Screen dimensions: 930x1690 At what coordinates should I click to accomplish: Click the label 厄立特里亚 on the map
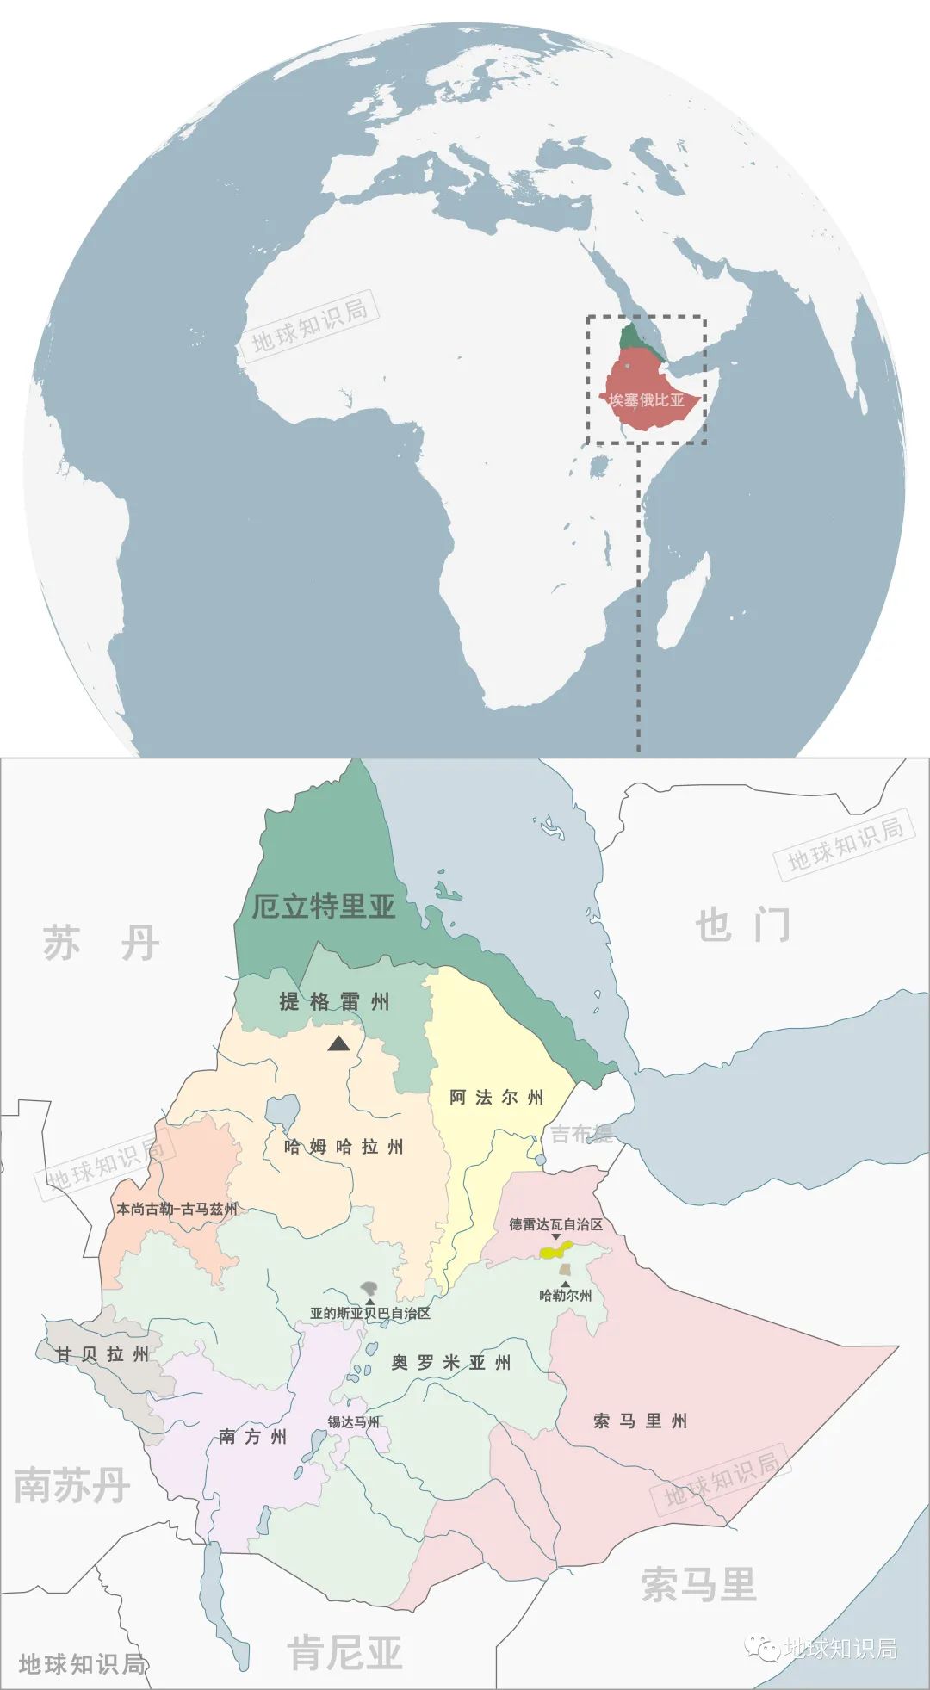pos(323,906)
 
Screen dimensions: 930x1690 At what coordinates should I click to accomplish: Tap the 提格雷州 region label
pos(334,1001)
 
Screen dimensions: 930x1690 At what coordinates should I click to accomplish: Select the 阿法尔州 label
pos(496,1098)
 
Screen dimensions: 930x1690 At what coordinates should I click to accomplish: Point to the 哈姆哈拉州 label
pos(344,1147)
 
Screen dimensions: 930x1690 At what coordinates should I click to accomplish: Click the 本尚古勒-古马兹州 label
pos(177,1209)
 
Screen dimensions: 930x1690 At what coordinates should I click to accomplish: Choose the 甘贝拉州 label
pos(102,1354)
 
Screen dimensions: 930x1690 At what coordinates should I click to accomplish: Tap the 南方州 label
pos(252,1436)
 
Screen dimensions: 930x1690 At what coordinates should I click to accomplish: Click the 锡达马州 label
pos(353,1421)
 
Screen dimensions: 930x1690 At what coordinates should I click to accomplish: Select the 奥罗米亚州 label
pos(450,1363)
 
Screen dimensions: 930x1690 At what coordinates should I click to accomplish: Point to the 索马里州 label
pos(640,1421)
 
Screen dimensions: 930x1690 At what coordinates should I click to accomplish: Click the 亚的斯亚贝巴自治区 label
pos(369,1314)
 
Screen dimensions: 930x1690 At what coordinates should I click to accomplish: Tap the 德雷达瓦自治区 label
pos(555,1224)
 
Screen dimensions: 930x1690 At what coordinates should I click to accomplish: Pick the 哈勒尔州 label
pos(565,1295)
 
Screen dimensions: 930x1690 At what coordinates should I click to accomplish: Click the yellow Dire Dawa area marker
pos(555,1250)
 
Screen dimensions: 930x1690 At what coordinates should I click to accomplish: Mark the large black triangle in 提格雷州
pos(338,1044)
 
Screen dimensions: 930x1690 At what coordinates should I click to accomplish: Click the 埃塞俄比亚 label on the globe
pos(646,400)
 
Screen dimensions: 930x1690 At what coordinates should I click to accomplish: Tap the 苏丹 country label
pos(102,944)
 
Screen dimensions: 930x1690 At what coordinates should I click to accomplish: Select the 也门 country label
pos(742,925)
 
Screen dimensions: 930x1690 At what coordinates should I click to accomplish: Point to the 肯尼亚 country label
pos(344,1652)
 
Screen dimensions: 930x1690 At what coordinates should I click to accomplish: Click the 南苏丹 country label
pos(71,1485)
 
